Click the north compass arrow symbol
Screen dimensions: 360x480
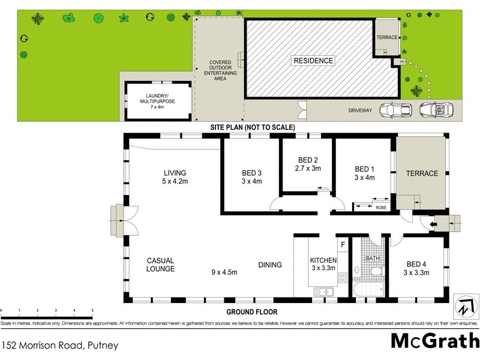click(465, 307)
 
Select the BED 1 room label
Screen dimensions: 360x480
click(364, 173)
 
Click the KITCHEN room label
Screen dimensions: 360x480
click(323, 265)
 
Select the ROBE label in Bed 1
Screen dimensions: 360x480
click(380, 208)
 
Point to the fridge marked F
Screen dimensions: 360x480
click(343, 244)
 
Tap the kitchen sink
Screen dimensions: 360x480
click(325, 292)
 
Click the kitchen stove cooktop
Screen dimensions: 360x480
click(343, 278)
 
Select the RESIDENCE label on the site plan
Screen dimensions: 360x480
click(313, 61)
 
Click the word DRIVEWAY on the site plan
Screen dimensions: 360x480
click(361, 110)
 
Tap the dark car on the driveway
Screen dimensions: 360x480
click(397, 110)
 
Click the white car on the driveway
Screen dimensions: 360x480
click(436, 110)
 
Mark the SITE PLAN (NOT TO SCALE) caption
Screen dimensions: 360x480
click(252, 128)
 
